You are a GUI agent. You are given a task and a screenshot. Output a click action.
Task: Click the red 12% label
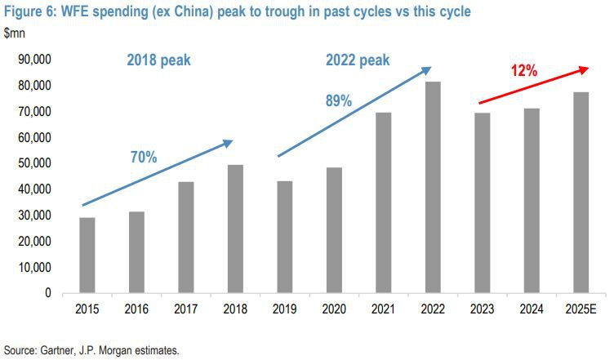coord(524,71)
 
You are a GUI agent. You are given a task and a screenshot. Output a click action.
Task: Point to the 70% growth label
coord(143,158)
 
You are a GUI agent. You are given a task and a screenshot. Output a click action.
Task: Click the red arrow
coord(530,85)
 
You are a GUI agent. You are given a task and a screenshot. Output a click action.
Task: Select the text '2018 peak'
coord(158,60)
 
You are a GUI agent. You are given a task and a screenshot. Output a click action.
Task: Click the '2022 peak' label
coord(358,60)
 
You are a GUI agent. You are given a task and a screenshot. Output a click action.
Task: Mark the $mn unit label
coord(16,33)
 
